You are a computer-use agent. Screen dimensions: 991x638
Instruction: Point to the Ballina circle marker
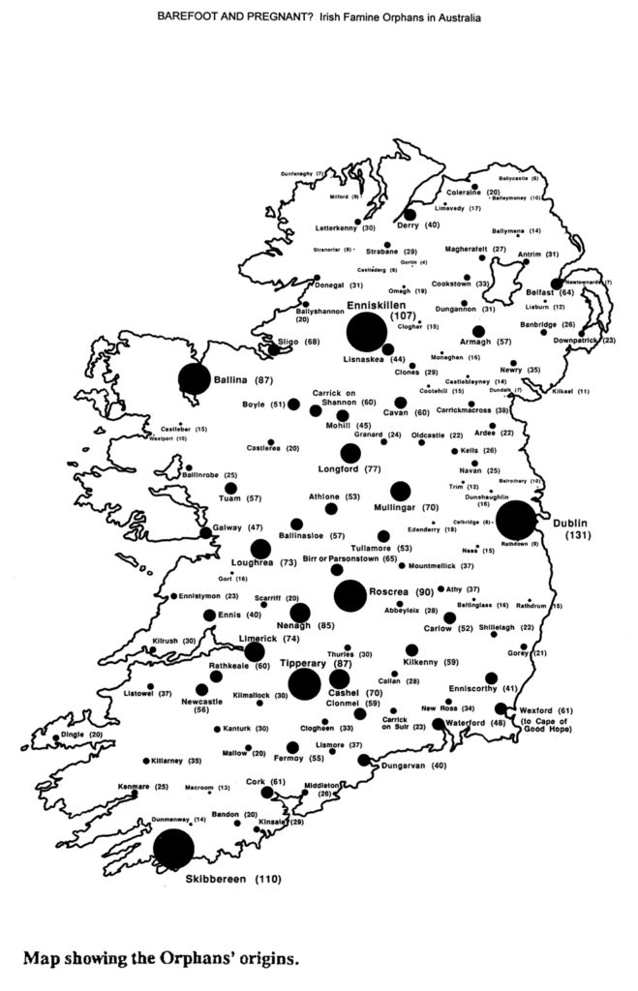pos(194,380)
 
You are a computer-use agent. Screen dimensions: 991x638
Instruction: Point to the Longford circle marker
pos(350,453)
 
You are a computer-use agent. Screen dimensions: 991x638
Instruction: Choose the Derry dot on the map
pos(410,215)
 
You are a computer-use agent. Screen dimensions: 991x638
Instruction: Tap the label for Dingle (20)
pos(81,735)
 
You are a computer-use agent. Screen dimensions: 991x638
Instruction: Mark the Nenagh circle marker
pos(300,613)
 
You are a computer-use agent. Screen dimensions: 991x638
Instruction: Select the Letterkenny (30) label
pos(347,228)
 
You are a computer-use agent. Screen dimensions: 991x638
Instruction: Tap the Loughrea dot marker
pos(260,549)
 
